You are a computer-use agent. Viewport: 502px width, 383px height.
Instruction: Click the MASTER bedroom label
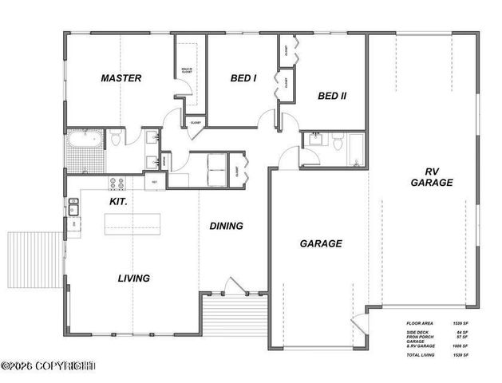point(121,78)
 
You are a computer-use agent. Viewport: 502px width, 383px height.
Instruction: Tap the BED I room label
point(243,78)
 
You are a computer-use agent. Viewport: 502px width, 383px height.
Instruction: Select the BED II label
point(332,97)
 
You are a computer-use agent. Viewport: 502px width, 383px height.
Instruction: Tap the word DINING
point(226,226)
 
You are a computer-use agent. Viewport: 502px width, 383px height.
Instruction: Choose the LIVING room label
point(134,278)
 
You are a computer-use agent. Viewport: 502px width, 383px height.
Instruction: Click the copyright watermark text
point(49,366)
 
